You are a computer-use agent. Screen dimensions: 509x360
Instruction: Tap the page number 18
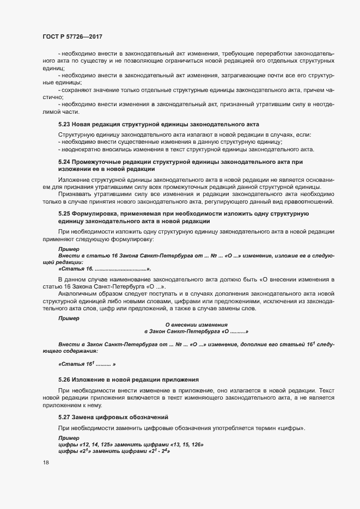(46, 463)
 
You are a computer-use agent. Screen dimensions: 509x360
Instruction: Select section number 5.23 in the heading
(65, 125)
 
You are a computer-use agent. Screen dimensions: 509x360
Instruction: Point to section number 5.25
(65, 214)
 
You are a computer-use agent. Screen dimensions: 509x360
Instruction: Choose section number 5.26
(65, 378)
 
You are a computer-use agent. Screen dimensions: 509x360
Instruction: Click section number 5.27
(65, 416)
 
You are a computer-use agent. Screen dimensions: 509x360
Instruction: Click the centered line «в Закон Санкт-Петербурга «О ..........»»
(196, 332)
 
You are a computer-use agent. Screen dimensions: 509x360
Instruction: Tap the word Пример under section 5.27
(69, 438)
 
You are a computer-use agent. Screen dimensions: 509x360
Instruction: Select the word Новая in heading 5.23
(84, 125)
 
